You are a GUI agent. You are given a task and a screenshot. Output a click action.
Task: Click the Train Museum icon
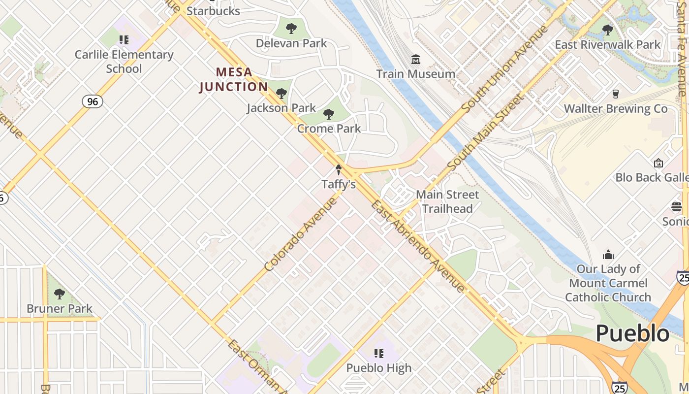pos(416,60)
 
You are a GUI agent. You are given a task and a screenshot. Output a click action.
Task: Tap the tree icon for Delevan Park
pos(291,29)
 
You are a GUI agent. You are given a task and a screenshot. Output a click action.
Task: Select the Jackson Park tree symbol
pos(282,93)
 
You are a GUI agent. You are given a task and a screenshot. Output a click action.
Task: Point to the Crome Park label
pos(329,129)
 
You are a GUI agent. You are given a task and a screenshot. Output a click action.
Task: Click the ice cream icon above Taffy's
pos(339,170)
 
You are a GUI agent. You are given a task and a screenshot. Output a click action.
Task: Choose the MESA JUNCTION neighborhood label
pos(234,79)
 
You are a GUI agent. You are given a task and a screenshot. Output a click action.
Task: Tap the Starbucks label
pos(213,11)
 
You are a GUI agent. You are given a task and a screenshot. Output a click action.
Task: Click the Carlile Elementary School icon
pos(124,39)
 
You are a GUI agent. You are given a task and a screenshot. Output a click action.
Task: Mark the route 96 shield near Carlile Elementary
pos(92,101)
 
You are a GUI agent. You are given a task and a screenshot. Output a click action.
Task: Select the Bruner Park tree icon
pos(60,294)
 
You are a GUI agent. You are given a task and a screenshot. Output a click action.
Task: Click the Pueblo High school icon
pos(378,353)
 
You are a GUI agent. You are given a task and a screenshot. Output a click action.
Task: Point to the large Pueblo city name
pos(632,333)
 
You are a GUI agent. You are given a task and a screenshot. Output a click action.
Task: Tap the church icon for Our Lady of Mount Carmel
pos(608,255)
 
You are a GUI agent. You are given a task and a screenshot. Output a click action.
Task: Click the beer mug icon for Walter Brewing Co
pos(615,94)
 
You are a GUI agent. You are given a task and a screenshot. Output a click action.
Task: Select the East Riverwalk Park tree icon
pos(608,30)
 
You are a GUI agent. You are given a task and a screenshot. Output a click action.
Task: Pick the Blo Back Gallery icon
pos(658,163)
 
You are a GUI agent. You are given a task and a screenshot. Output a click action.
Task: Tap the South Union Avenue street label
pos(505,68)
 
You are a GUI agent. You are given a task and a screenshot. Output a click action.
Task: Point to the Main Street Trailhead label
pos(447,201)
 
